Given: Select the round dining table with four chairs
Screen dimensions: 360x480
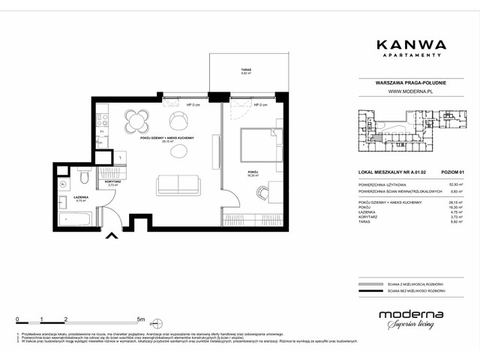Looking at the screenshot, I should coord(136,120).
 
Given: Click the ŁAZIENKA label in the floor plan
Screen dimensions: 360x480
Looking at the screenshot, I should coord(82,197).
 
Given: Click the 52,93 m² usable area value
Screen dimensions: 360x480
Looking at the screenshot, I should coord(454,184).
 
